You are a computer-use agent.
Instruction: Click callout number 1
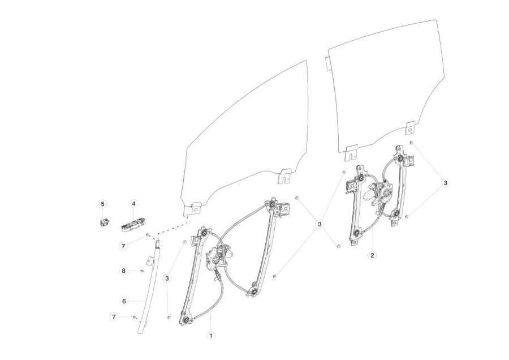pos(211,335)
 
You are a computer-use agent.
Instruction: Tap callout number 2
pos(372,255)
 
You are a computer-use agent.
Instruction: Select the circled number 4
pos(133,204)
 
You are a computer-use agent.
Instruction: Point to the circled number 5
pos(102,204)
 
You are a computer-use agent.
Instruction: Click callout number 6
pos(124,301)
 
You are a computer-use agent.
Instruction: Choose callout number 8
pos(123,271)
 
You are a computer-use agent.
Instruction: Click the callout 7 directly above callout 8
pos(123,246)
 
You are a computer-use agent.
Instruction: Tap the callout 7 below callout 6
pos(114,317)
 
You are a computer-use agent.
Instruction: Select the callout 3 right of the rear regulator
pos(446,183)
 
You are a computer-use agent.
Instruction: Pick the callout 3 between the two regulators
pos(320,224)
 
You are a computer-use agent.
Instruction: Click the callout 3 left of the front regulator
pos(167,278)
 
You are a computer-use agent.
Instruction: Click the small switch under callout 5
pos(104,222)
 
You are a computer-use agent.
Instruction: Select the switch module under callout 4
pos(132,225)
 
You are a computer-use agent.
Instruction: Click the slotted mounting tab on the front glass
pos(284,176)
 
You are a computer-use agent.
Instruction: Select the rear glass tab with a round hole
pos(411,128)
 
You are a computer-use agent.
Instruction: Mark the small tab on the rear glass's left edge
pos(328,63)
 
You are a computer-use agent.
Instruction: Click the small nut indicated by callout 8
pos(142,271)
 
